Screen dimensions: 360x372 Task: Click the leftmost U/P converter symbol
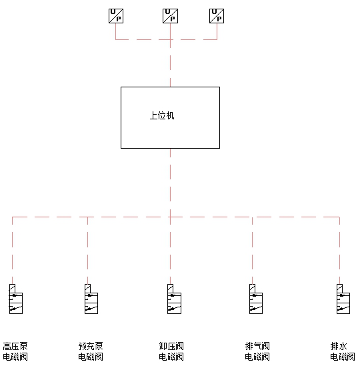tap(116, 16)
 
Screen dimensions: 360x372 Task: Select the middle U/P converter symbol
tap(170, 16)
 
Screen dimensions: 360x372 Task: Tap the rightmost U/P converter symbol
tap(217, 16)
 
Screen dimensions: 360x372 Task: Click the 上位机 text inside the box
tap(162, 115)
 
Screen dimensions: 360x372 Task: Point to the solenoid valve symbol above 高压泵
tap(16, 299)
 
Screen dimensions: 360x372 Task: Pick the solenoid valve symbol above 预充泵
tap(91, 299)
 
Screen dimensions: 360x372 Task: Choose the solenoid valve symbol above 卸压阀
tap(174, 299)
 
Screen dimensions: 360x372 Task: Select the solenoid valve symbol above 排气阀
tap(256, 299)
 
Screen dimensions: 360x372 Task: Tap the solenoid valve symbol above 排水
tap(343, 299)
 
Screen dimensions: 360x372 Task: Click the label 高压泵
tap(15, 346)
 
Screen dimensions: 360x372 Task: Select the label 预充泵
tap(91, 346)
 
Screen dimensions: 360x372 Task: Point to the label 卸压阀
tap(171, 346)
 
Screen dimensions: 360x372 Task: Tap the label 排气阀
tap(257, 346)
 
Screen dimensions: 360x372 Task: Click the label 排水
tap(339, 346)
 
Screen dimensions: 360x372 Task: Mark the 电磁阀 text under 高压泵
tap(15, 357)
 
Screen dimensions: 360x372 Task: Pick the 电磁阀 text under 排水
tap(343, 357)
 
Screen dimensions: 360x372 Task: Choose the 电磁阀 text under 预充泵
tap(91, 357)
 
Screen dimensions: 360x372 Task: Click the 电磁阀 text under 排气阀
tap(257, 357)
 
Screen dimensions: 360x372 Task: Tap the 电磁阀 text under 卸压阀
tap(171, 357)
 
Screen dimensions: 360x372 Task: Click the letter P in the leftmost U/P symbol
tap(119, 19)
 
